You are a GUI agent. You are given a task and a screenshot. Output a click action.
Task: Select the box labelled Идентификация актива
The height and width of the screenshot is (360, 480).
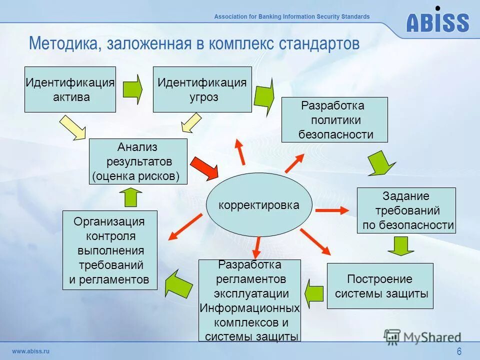point(70,89)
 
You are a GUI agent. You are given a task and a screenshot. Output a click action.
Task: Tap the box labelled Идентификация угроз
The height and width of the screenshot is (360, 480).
point(202,89)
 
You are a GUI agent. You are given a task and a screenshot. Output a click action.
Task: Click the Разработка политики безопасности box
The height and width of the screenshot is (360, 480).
point(334,120)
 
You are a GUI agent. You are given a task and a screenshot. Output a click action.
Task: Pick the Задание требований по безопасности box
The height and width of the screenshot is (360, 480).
point(406,210)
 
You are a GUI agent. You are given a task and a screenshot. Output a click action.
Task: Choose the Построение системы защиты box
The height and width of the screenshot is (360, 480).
point(380,286)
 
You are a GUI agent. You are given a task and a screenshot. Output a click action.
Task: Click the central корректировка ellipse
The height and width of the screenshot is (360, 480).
point(259,205)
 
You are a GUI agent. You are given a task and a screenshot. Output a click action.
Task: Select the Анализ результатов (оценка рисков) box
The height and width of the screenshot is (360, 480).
point(138,161)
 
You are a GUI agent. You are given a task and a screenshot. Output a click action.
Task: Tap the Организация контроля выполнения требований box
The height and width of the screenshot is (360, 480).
point(109,250)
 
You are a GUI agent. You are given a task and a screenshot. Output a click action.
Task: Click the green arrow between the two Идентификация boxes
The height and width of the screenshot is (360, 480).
point(133,90)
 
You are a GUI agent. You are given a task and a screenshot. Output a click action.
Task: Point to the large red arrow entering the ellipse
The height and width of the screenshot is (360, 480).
point(204,168)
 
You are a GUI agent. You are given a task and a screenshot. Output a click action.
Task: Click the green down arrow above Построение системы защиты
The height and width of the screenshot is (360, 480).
point(400,245)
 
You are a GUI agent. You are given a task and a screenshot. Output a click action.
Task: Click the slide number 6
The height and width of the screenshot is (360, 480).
point(459,351)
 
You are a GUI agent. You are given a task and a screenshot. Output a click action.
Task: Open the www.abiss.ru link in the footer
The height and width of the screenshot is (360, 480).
point(31,351)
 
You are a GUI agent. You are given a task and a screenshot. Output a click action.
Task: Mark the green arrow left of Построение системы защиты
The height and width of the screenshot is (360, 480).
point(314,293)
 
